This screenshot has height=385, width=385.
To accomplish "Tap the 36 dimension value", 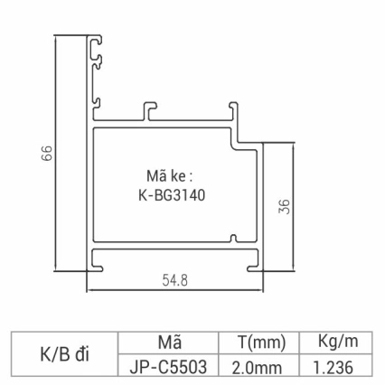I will tap(284, 207).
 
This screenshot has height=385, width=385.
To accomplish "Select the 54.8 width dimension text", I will tap(175, 281).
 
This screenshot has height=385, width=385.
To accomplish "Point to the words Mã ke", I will tap(169, 174).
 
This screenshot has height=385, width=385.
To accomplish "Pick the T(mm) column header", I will tap(261, 343).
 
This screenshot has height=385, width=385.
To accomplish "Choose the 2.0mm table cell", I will tap(261, 366).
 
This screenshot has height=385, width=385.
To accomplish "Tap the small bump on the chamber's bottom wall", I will tap(232, 239).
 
